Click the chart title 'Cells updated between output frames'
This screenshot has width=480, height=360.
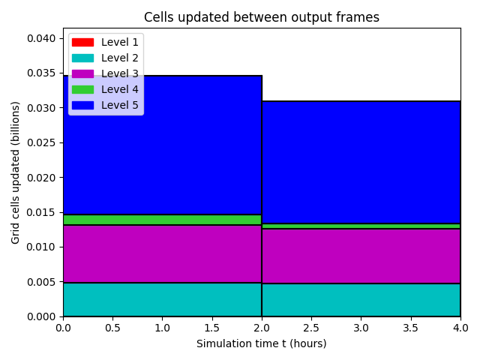(262, 17)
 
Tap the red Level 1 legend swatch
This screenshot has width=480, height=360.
(82, 42)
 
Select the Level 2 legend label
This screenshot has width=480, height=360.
(120, 58)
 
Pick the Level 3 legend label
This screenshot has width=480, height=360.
(120, 73)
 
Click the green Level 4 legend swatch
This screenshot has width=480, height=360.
(82, 89)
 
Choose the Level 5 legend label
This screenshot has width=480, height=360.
(120, 105)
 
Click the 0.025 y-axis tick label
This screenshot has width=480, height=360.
(41, 143)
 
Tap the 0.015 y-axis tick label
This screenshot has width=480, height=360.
(41, 212)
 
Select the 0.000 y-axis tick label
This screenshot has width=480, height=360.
(41, 316)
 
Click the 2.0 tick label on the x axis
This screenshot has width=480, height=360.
(262, 328)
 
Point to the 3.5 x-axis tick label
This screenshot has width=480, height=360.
(410, 328)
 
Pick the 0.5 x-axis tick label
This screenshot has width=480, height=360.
(112, 328)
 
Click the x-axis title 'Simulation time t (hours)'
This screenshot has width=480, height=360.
(262, 343)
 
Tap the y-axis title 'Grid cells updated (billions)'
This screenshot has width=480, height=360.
(15, 172)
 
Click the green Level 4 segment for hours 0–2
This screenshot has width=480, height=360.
(163, 220)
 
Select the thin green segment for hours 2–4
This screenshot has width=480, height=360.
(361, 226)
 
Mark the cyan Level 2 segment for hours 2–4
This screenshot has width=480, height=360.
(361, 300)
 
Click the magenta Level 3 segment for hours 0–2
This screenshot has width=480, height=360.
(163, 253)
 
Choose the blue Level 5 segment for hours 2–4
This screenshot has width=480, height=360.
(361, 162)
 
